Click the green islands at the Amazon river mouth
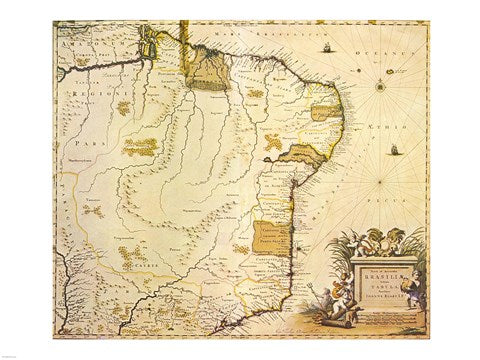point(151,45)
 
